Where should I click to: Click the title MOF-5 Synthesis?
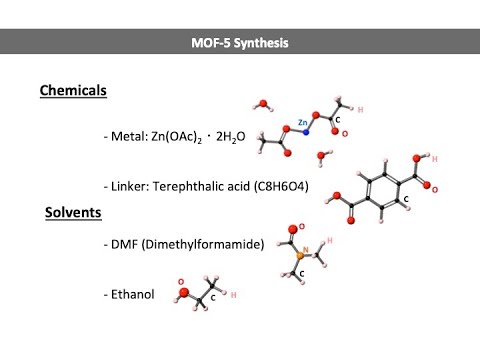pyautogui.click(x=239, y=43)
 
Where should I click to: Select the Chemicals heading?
pyautogui.click(x=73, y=91)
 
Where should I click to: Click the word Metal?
pyautogui.click(x=128, y=136)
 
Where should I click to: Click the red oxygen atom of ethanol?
pyautogui.click(x=187, y=292)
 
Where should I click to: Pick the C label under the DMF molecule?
pyautogui.click(x=301, y=273)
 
